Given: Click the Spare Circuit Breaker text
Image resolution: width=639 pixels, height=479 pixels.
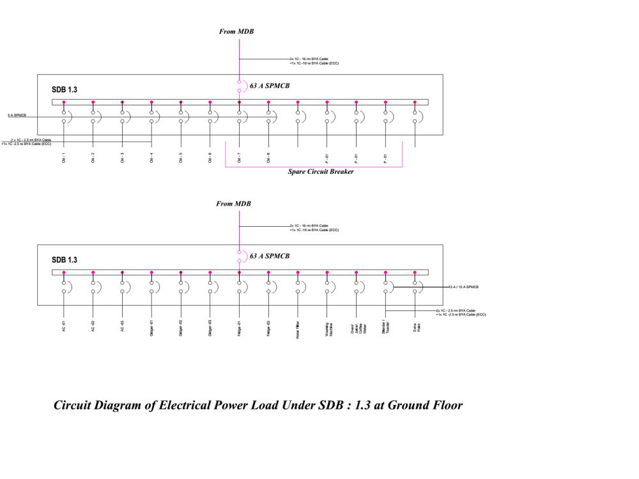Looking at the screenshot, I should (x=320, y=172).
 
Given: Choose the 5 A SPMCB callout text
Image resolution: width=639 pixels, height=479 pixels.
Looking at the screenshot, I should (x=17, y=116).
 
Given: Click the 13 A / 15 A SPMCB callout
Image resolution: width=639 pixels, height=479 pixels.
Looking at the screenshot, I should (x=463, y=287).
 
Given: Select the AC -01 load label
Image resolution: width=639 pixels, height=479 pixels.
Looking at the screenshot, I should (x=64, y=326).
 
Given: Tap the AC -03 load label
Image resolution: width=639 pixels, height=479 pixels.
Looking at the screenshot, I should (x=122, y=326).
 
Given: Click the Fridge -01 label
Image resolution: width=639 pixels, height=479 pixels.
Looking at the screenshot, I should (x=239, y=328).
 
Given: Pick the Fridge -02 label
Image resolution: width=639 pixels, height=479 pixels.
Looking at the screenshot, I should (x=268, y=328).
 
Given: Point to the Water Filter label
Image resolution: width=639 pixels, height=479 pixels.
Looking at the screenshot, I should (x=298, y=328).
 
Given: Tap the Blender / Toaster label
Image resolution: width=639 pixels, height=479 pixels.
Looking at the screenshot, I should (x=386, y=327).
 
